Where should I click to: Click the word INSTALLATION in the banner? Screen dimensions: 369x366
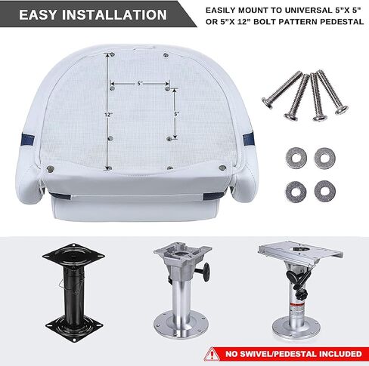[114, 14]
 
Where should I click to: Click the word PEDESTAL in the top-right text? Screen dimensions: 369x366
[342, 22]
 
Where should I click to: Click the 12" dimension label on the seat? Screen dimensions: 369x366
[108, 115]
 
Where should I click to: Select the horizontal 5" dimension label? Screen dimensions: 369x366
[140, 83]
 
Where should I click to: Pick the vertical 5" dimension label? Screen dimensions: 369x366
[176, 114]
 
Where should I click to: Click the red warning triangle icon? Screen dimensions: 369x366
[212, 354]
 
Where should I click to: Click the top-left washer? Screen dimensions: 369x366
[296, 158]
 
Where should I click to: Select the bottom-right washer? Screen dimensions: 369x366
[325, 191]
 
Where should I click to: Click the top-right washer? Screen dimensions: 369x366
[325, 158]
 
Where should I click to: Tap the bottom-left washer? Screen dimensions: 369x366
[296, 192]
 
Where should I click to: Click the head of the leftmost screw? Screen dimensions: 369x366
[267, 103]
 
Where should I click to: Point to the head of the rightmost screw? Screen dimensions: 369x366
[342, 110]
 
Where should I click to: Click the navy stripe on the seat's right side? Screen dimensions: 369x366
[248, 139]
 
